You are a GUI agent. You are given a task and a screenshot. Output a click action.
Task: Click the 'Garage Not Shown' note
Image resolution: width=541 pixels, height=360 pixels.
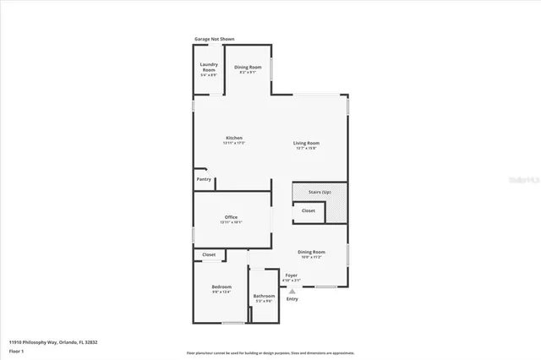tap(214, 39)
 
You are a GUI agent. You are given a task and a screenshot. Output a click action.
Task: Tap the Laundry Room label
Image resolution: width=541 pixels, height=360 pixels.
tap(209, 67)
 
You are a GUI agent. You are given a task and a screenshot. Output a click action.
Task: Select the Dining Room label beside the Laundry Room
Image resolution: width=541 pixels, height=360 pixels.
tap(248, 67)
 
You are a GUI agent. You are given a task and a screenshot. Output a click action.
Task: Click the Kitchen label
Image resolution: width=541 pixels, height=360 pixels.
tap(233, 138)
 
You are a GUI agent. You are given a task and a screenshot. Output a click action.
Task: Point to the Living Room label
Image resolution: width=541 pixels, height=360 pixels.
tap(306, 143)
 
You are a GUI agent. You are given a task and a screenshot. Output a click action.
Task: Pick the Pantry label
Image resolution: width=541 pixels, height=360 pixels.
tap(204, 179)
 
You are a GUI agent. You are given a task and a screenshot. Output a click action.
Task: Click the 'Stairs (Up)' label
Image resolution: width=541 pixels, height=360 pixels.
tap(320, 192)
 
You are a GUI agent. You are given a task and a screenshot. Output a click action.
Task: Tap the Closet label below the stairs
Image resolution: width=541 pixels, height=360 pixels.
tap(309, 210)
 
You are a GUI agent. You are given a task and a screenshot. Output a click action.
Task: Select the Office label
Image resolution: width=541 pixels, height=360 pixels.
tap(231, 218)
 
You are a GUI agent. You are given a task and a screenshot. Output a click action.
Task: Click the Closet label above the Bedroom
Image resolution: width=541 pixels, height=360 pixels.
tap(209, 254)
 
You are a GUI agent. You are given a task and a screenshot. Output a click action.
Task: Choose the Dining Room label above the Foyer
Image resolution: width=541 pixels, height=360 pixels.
tap(311, 252)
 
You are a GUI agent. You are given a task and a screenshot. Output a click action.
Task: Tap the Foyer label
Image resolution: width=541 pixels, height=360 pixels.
tap(291, 275)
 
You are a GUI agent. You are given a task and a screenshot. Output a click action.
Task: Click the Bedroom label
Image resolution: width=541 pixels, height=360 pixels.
tap(221, 288)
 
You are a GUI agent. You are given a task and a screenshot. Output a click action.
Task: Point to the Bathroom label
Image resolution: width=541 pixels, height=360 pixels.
tap(264, 295)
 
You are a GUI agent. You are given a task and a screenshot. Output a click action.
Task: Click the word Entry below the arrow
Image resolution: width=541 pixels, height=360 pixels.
tap(292, 299)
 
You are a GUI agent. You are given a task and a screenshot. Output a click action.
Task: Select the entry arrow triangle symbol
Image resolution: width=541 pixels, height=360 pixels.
tap(292, 290)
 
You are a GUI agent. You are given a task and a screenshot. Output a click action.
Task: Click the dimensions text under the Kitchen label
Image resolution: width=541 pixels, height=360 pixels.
tap(233, 143)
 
